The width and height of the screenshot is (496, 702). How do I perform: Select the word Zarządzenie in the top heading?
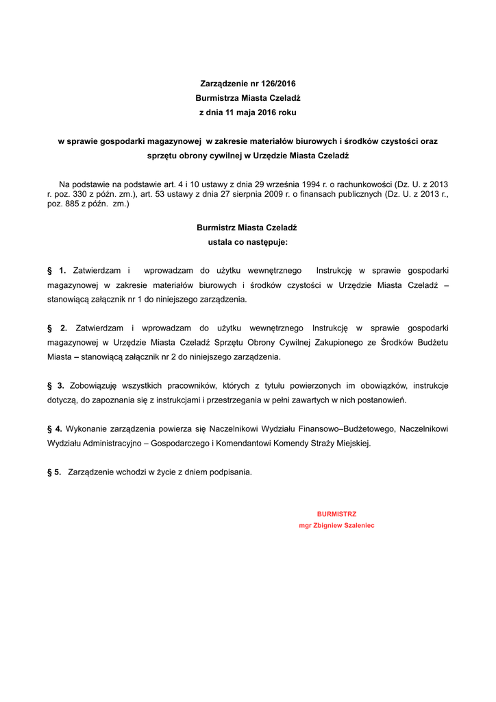[221, 83]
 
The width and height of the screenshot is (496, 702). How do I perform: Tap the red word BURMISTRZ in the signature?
[336, 513]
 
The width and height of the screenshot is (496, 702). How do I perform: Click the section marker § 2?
[57, 328]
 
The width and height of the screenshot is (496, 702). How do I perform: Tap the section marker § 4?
[54, 429]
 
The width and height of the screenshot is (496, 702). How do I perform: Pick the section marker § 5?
[54, 472]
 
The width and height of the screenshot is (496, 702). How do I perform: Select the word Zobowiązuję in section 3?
[95, 386]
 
